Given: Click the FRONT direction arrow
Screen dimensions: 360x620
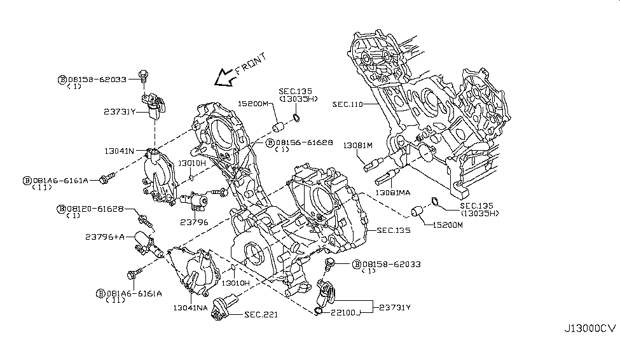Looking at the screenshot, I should [223, 78].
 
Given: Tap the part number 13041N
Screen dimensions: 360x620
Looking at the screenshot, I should [120, 151].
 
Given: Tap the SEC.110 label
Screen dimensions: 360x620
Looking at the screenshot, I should [347, 104].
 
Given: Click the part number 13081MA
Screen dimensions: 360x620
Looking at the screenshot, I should [394, 191].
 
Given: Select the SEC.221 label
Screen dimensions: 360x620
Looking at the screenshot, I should [261, 314].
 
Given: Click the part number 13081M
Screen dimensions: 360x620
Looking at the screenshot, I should [357, 145].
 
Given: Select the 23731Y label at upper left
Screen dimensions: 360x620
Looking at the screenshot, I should [120, 112].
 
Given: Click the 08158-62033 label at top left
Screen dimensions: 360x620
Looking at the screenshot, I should [98, 80].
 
